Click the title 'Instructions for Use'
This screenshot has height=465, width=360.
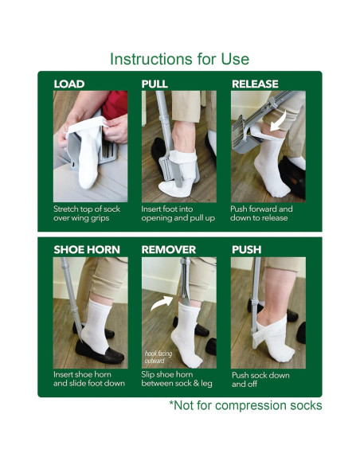(179, 59)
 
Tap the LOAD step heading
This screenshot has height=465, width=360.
(69, 84)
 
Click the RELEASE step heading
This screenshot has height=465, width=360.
(255, 84)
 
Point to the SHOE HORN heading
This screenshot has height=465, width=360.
(84, 249)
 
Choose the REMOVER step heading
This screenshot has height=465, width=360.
(168, 249)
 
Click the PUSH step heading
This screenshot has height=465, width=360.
(246, 249)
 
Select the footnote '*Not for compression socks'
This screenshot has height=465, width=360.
(245, 405)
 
